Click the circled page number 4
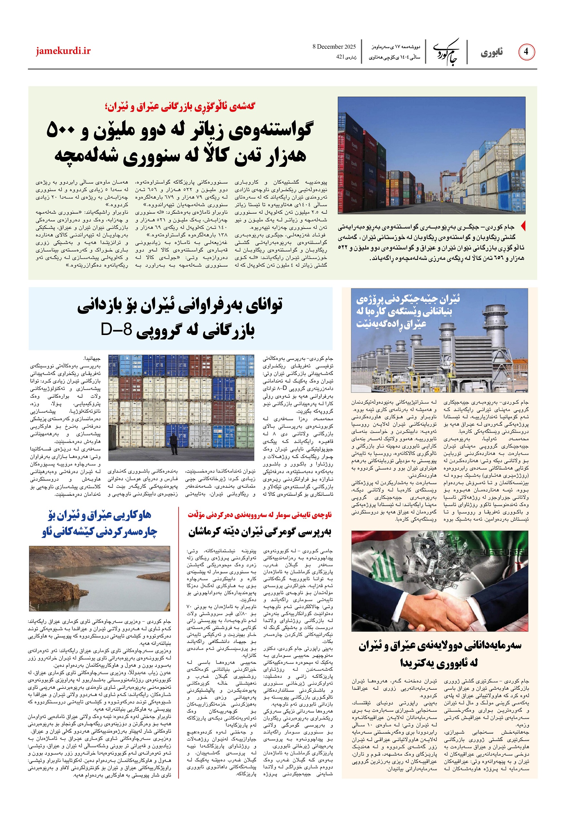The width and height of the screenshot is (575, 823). click(x=526, y=52)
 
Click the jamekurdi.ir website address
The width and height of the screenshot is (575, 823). click(x=63, y=51)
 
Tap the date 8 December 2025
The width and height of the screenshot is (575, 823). click(x=334, y=46)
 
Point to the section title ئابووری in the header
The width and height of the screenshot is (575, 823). click(x=492, y=53)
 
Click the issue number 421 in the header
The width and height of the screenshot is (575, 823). click(x=340, y=56)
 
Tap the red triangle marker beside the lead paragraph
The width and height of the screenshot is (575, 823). click(x=523, y=226)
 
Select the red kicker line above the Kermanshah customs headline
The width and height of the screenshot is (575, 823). click(x=259, y=515)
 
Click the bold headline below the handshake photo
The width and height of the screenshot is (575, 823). click(x=440, y=655)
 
